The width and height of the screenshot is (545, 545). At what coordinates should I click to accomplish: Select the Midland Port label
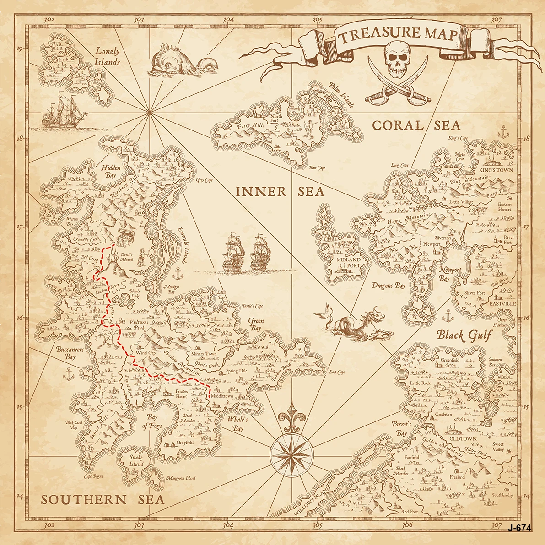coord(349,263)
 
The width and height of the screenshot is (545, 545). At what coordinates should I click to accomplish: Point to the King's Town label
coord(496,170)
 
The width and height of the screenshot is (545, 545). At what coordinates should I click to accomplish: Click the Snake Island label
coord(136,460)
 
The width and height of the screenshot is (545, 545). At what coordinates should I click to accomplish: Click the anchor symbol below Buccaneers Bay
coord(68,375)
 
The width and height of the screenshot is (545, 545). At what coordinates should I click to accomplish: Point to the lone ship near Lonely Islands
coord(63,110)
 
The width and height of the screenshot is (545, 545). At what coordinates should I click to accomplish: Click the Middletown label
coord(222,396)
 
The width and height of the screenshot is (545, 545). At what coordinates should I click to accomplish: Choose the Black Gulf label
coord(463,335)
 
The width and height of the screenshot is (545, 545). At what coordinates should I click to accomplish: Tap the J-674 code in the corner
coord(519,528)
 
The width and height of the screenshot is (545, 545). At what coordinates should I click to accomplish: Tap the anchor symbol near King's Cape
coord(503,133)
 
